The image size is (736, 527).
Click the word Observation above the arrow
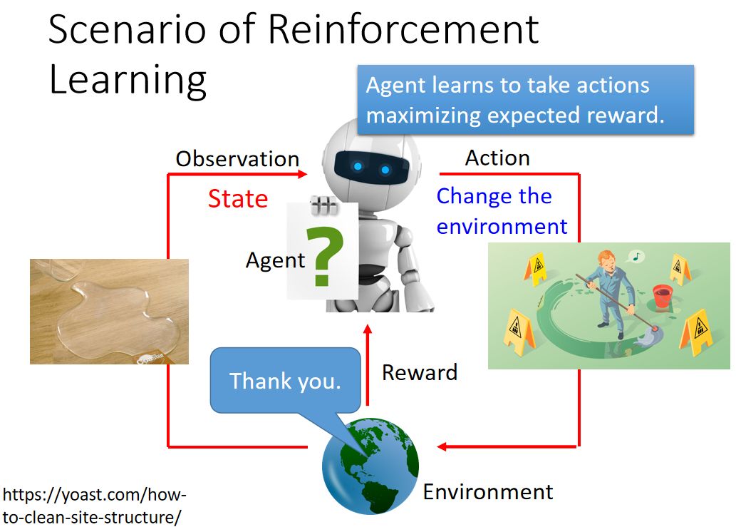[237, 159]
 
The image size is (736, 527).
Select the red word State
[238, 198]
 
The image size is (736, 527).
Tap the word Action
[497, 158]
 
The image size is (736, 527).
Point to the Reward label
[420, 372]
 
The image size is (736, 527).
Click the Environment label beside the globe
[488, 492]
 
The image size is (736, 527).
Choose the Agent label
[276, 260]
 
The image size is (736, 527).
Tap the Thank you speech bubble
[286, 381]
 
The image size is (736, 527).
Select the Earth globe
[370, 466]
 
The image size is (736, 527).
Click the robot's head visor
[371, 168]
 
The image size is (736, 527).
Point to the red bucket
[663, 296]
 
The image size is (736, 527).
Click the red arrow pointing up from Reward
[368, 364]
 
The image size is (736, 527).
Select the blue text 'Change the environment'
[502, 211]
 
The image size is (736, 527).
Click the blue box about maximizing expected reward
[526, 100]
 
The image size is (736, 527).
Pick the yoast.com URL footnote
[94, 506]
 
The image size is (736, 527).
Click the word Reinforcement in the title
[404, 29]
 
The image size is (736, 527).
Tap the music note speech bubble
[636, 257]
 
